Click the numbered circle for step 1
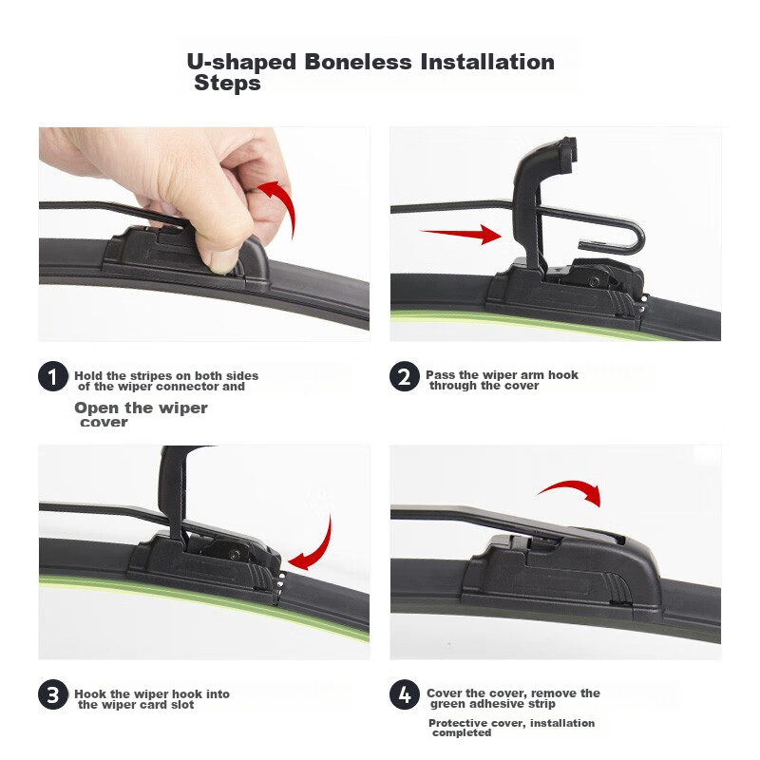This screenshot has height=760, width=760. [53, 376]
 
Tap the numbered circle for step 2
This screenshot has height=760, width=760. [405, 376]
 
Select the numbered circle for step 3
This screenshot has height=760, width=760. [53, 694]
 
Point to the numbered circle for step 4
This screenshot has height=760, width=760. [405, 694]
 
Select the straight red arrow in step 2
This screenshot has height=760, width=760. [461, 234]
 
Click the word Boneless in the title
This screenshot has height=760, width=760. [358, 62]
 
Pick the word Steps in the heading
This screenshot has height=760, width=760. [227, 83]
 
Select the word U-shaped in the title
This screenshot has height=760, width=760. [241, 63]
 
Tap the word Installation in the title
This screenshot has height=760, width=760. [487, 62]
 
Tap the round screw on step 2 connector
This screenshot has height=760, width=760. [593, 281]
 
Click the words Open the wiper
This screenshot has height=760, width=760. [141, 408]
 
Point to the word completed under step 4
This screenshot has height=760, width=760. [462, 732]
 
